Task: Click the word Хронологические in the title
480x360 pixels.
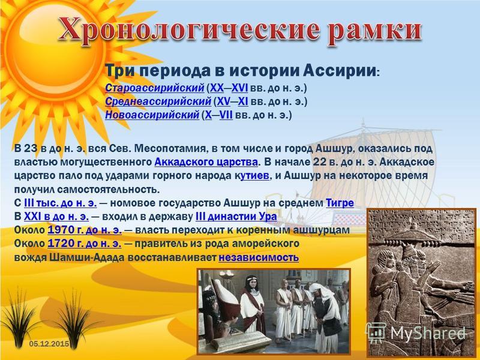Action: [188, 29]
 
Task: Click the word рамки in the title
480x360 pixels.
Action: [375, 30]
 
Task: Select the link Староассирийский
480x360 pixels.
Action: [155, 88]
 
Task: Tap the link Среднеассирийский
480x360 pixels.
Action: [158, 101]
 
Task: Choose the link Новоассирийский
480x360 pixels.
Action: [152, 115]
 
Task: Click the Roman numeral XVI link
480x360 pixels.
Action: [239, 88]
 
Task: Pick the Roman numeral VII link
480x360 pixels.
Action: [226, 115]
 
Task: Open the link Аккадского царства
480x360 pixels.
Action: [206, 162]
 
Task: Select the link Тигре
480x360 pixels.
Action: [340, 203]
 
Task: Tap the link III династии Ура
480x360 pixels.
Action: [236, 217]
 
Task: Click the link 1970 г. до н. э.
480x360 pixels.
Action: [85, 230]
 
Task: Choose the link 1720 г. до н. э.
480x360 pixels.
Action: [85, 244]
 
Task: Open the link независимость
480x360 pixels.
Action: [259, 257]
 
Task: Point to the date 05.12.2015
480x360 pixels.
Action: [49, 344]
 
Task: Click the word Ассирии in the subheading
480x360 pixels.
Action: [340, 71]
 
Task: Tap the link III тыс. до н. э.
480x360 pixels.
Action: [61, 203]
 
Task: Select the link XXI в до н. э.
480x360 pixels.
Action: [56, 217]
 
